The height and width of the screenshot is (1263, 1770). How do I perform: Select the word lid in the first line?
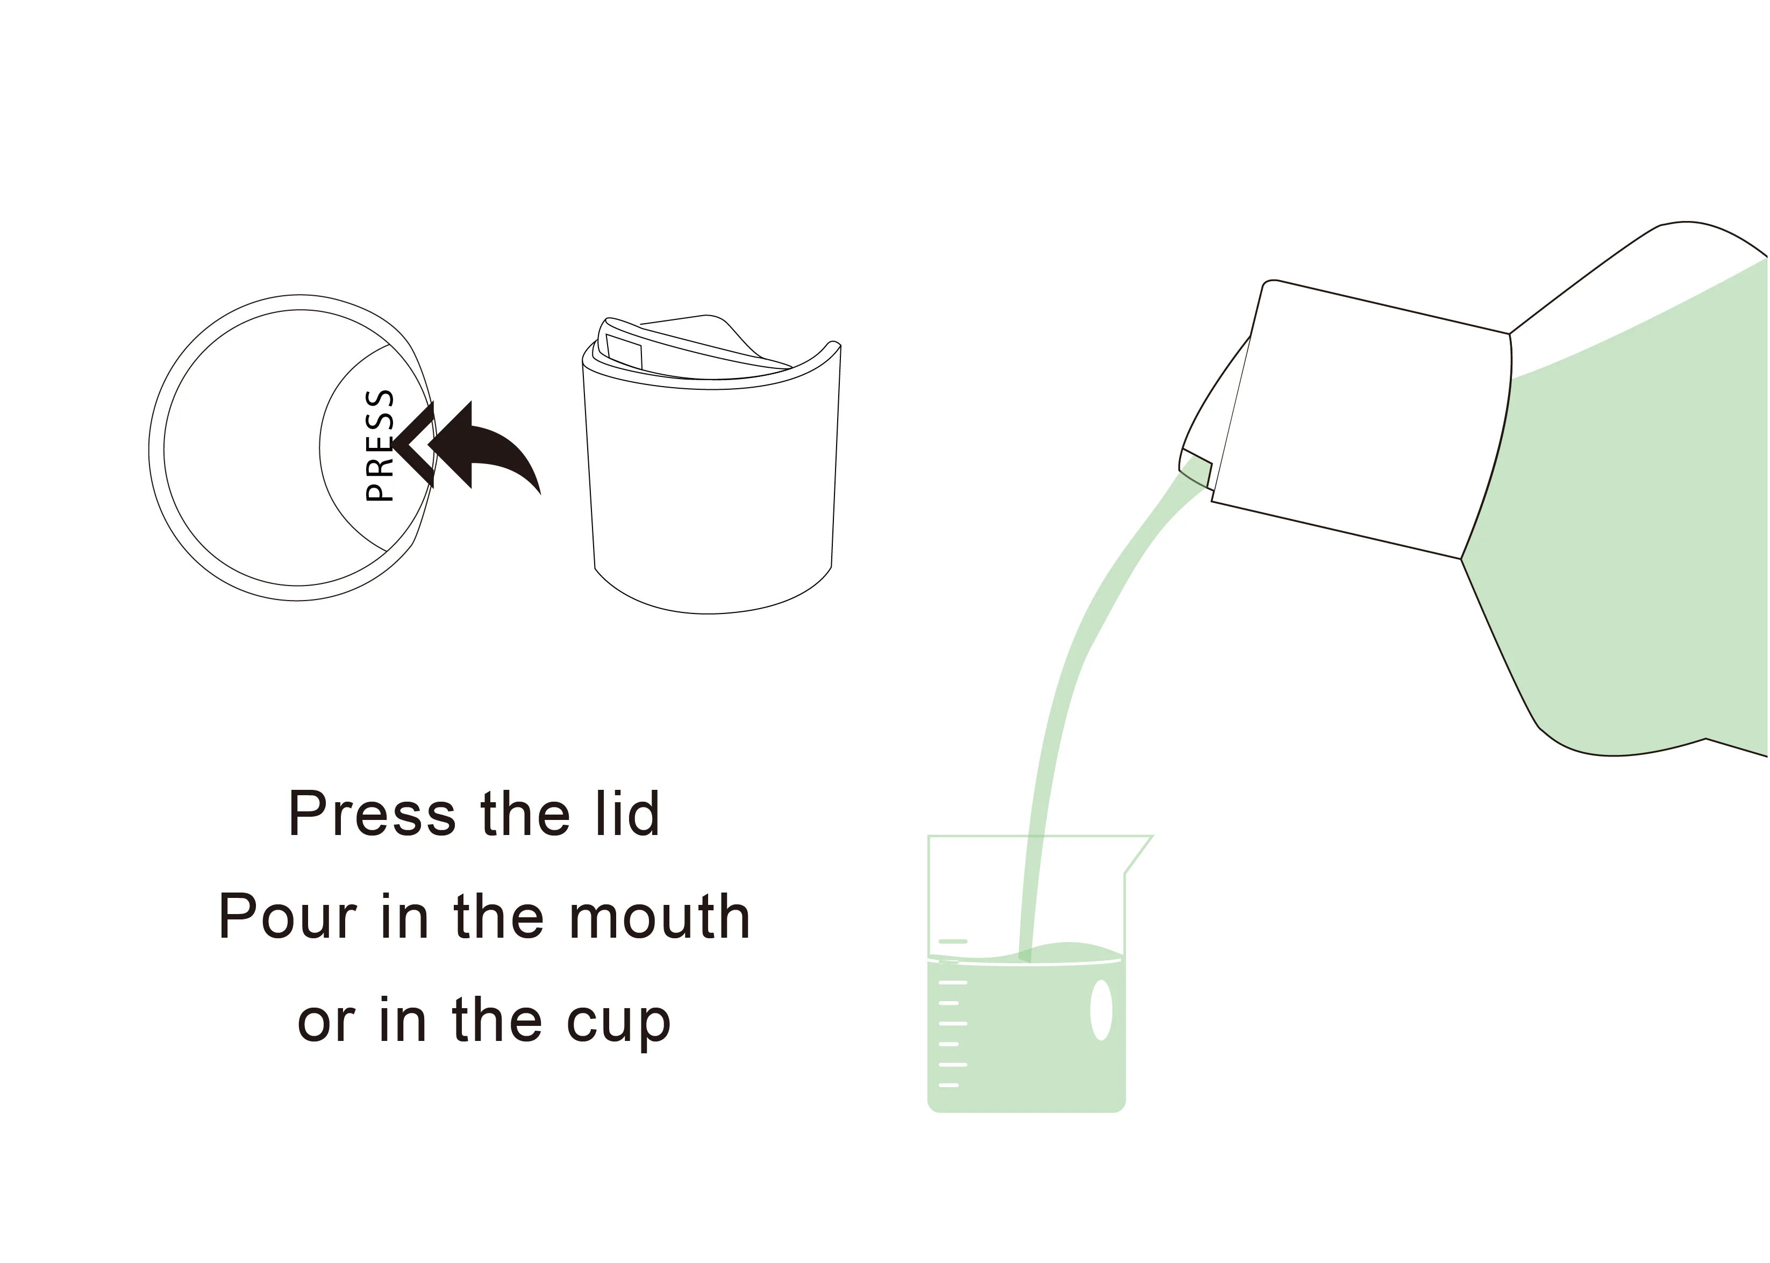(x=627, y=814)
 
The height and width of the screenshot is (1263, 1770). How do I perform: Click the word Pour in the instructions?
(x=287, y=916)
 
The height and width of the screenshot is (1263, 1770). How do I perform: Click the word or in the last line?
(x=326, y=1022)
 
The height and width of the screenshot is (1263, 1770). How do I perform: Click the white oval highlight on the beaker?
(x=1101, y=1009)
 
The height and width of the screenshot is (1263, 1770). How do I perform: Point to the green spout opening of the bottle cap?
(x=1196, y=469)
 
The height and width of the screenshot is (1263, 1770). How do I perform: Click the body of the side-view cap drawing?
(x=711, y=498)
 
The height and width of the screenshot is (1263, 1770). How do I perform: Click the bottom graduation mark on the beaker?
(x=949, y=1085)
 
